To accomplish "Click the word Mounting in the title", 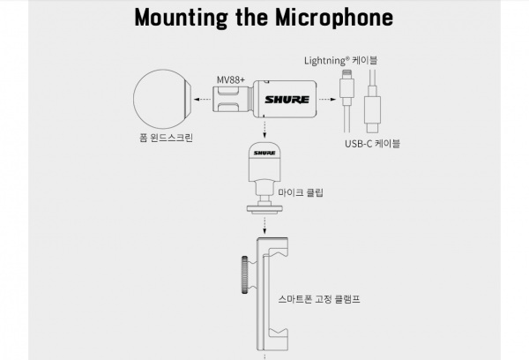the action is point(181,18).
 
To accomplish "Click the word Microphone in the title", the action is point(334,18).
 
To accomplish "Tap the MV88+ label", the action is point(231,80).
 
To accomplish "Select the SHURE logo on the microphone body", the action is point(287,100).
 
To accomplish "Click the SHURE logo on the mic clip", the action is point(264,153).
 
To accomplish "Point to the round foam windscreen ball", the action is point(162,99).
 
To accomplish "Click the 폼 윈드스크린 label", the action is point(166,138).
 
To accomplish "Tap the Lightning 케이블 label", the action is point(340,61).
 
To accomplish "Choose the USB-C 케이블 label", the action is point(372,144).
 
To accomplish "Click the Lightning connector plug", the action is point(346,88).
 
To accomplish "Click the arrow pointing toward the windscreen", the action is point(203,100).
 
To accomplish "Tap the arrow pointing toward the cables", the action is point(327,100).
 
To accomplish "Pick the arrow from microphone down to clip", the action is point(264,129).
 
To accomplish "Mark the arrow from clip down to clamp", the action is point(264,226).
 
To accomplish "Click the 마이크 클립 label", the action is point(301,192).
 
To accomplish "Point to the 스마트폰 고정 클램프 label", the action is point(319,299).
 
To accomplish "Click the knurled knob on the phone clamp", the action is point(244,274).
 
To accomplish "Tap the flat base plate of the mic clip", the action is point(264,210).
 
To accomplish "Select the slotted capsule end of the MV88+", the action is point(231,100).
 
